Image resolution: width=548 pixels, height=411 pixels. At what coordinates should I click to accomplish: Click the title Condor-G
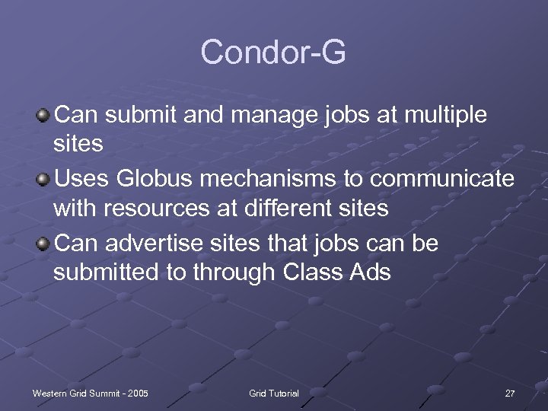(x=273, y=53)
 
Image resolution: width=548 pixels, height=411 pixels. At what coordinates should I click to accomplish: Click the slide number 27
(x=509, y=393)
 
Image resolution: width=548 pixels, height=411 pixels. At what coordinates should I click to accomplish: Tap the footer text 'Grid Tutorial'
(x=274, y=393)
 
